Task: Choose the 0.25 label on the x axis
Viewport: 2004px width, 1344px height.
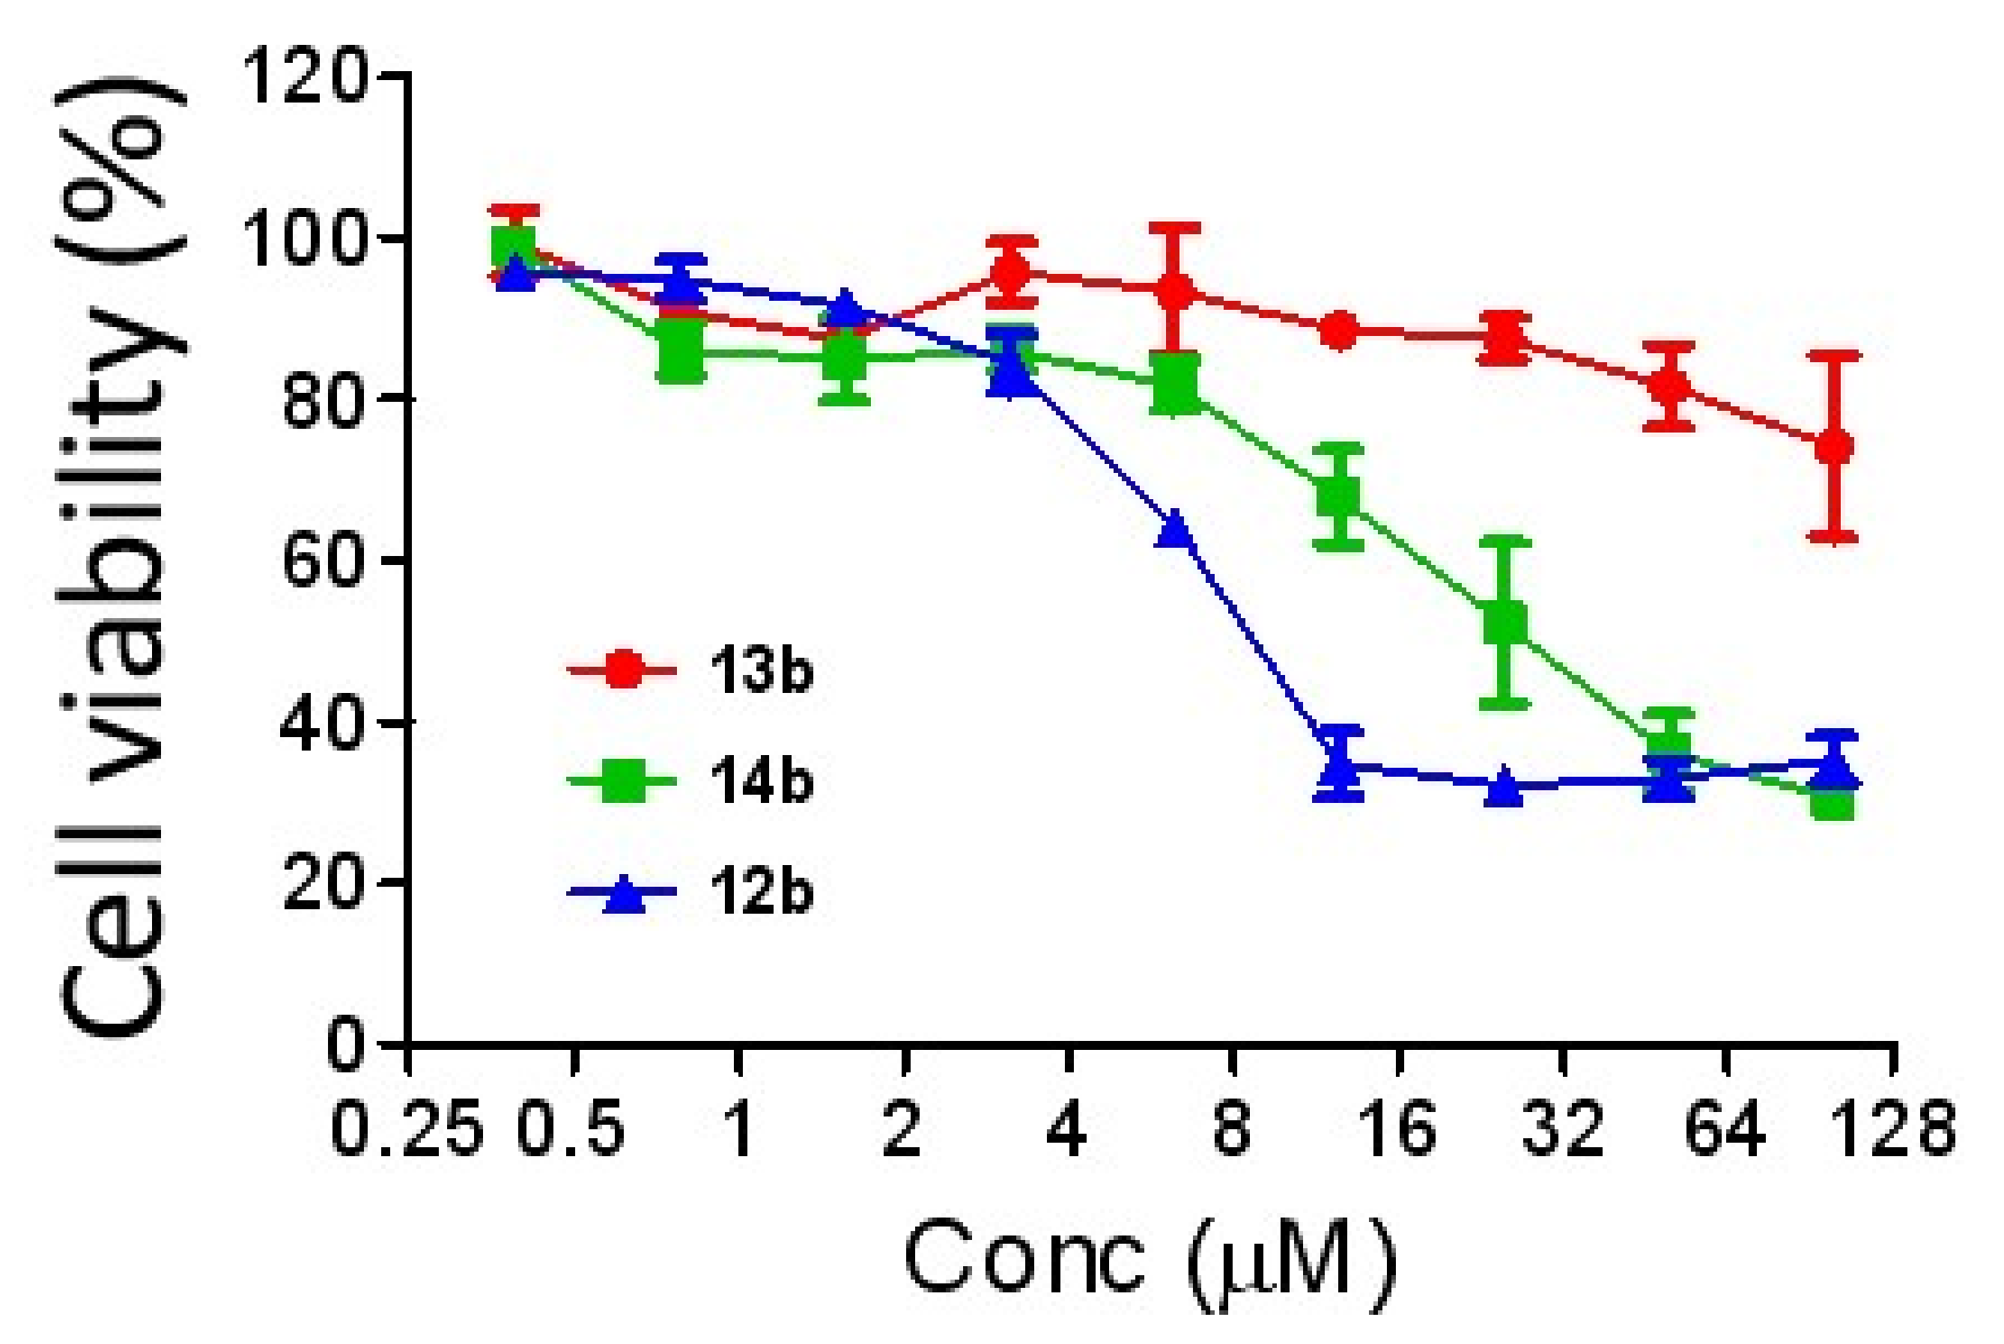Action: pyautogui.click(x=407, y=1130)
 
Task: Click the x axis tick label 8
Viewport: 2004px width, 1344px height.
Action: pyautogui.click(x=1232, y=1130)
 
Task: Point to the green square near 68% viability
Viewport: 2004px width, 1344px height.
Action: pyautogui.click(x=1338, y=496)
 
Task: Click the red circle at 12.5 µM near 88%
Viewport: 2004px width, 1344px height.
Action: pyautogui.click(x=1338, y=331)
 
